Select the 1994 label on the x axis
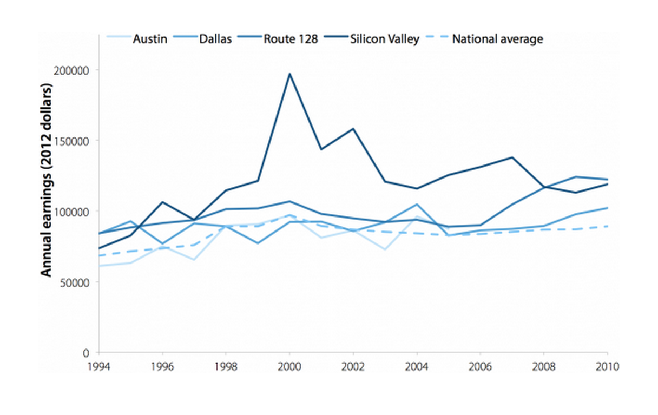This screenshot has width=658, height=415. (98, 366)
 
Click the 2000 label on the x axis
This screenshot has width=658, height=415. (289, 366)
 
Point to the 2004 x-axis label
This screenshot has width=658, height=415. (417, 366)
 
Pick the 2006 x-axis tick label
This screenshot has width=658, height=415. (480, 366)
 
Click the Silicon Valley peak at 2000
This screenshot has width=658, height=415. (289, 74)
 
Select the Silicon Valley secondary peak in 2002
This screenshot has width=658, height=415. (353, 129)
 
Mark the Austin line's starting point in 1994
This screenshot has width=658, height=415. (99, 266)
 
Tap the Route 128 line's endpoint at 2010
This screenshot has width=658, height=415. (607, 179)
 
